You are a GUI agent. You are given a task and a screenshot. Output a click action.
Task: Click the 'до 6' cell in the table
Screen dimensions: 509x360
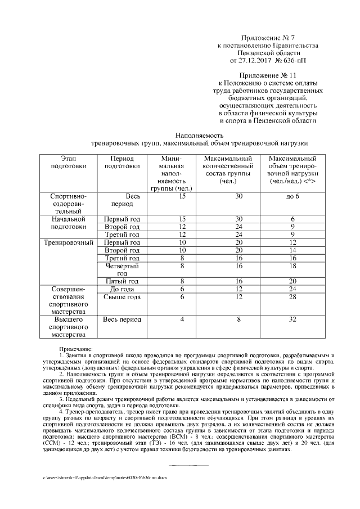[x=292, y=196]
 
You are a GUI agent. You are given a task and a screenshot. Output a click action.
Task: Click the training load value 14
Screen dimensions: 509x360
[x=292, y=250]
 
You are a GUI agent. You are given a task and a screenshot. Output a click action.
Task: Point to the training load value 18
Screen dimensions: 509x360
[x=292, y=265]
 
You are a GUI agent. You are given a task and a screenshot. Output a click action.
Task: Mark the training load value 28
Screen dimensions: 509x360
[x=292, y=297]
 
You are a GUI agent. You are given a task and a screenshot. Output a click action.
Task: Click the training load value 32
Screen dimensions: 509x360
[x=292, y=319]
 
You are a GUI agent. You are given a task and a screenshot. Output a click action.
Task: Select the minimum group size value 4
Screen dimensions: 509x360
[x=182, y=319]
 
